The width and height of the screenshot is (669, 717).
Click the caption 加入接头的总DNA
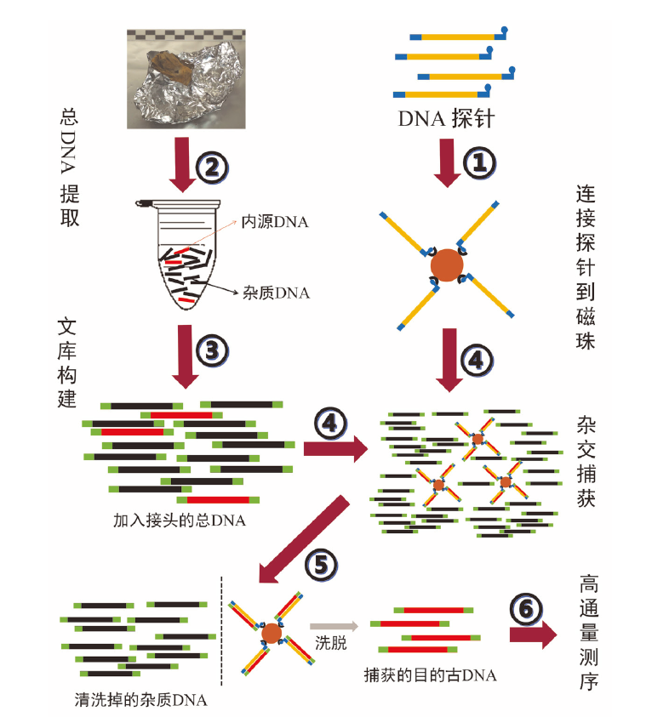click(x=179, y=520)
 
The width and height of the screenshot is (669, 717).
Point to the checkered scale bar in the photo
click(x=187, y=34)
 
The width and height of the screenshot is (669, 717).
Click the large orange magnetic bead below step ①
click(x=445, y=267)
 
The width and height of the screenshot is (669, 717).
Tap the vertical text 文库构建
click(x=68, y=363)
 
